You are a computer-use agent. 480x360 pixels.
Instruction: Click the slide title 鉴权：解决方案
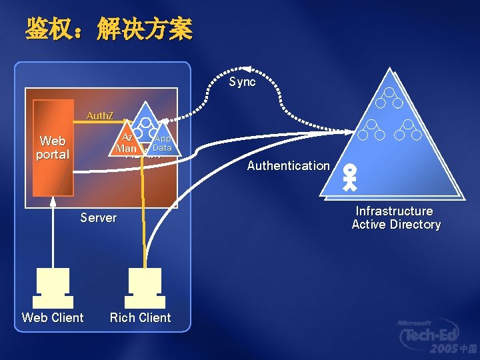[x=109, y=29]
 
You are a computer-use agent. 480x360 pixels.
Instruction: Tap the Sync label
[x=242, y=82]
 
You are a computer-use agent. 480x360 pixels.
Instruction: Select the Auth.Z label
[x=100, y=116]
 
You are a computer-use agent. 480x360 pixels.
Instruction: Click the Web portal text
[x=53, y=147]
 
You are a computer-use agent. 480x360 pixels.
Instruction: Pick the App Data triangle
[x=162, y=142]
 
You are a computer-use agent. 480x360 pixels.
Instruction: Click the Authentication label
[x=288, y=165]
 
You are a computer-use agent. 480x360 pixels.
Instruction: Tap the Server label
[x=98, y=217]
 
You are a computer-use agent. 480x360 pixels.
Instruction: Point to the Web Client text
[x=53, y=318]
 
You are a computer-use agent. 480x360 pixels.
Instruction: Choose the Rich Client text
[x=140, y=318]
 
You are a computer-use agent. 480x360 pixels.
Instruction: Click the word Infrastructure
[x=394, y=211]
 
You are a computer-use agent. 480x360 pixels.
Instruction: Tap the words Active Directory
[x=396, y=225]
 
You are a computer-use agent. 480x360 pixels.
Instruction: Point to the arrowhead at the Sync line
[x=246, y=68]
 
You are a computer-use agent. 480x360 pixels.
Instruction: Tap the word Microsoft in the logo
[x=415, y=323]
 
